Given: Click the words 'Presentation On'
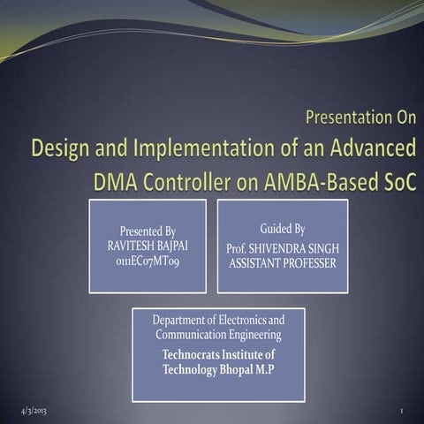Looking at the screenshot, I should pyautogui.click(x=360, y=117).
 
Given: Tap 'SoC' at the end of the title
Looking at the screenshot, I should pyautogui.click(x=398, y=180).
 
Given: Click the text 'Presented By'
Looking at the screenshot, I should pyautogui.click(x=148, y=231).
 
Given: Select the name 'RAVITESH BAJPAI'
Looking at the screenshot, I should pyautogui.click(x=148, y=245).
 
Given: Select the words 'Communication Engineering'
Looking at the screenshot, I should pyautogui.click(x=218, y=335).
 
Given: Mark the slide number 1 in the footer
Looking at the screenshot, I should pyautogui.click(x=401, y=413).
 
